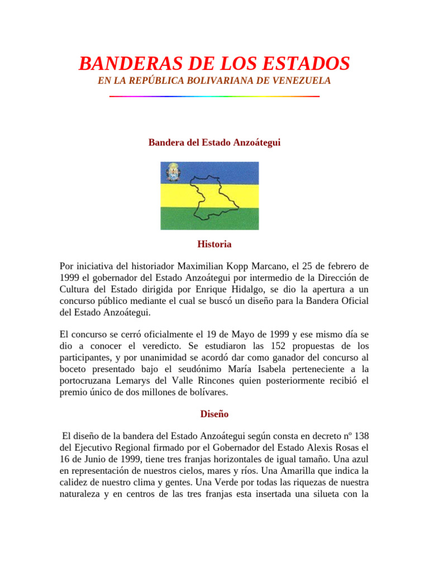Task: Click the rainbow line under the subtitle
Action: pyautogui.click(x=214, y=97)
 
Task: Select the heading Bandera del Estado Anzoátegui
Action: pyautogui.click(x=214, y=143)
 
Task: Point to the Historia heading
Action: pyautogui.click(x=214, y=244)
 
